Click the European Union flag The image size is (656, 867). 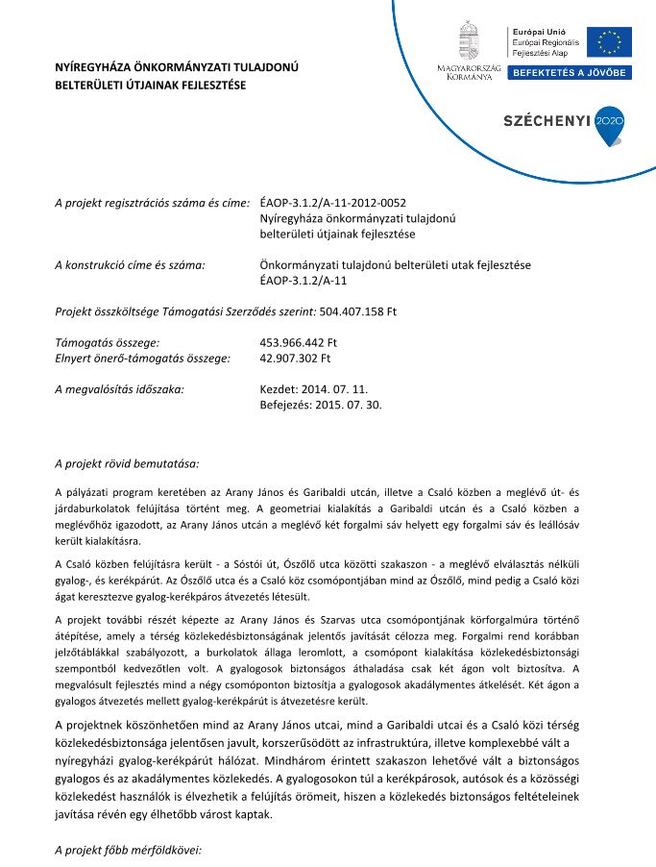coord(610,43)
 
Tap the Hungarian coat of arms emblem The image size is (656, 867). coord(469,41)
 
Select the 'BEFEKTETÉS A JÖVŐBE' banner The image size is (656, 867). coord(570,73)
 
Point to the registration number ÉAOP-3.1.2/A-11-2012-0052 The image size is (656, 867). coord(333,203)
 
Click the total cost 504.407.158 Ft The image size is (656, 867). coord(357,311)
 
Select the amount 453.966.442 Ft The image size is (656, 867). coord(299,342)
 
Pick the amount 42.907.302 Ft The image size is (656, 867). coord(295,358)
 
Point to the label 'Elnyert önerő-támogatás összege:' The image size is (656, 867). coord(142,358)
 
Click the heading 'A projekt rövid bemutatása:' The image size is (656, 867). coord(127,464)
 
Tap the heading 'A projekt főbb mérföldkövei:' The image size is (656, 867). coord(129,851)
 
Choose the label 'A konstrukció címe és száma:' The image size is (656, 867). coord(131,264)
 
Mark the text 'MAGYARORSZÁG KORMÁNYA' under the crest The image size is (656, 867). coord(470,73)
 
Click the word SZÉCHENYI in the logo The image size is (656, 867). coord(547,121)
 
